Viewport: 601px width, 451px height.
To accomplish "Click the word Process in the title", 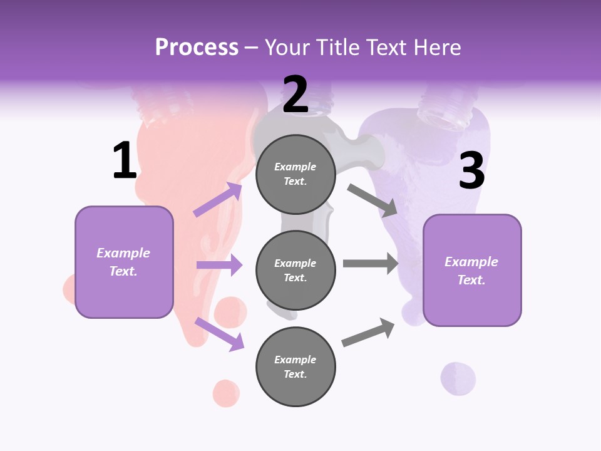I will pyautogui.click(x=197, y=48).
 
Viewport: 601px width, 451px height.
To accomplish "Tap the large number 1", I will pyautogui.click(x=125, y=161).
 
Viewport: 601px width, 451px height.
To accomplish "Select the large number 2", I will pyautogui.click(x=295, y=95).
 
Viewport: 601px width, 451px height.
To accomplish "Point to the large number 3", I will pyautogui.click(x=471, y=171).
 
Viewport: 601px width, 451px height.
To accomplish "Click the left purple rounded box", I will pyautogui.click(x=124, y=262).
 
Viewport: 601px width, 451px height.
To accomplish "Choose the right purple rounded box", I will pyautogui.click(x=472, y=270).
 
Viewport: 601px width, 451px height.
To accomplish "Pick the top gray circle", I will pyautogui.click(x=295, y=174).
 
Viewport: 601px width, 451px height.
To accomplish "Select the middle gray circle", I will pyautogui.click(x=295, y=270).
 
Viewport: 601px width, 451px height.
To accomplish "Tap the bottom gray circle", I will pyautogui.click(x=295, y=366).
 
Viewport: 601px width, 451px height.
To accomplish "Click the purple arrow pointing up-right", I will pyautogui.click(x=218, y=199).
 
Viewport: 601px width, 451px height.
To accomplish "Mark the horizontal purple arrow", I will pyautogui.click(x=219, y=265).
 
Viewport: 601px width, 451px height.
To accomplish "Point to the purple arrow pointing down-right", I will pyautogui.click(x=219, y=333).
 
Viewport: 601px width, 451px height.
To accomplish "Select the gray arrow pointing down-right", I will pyautogui.click(x=372, y=200).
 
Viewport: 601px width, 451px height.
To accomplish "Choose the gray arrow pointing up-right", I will pyautogui.click(x=368, y=333).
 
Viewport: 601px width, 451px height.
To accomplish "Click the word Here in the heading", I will pyautogui.click(x=436, y=48).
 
